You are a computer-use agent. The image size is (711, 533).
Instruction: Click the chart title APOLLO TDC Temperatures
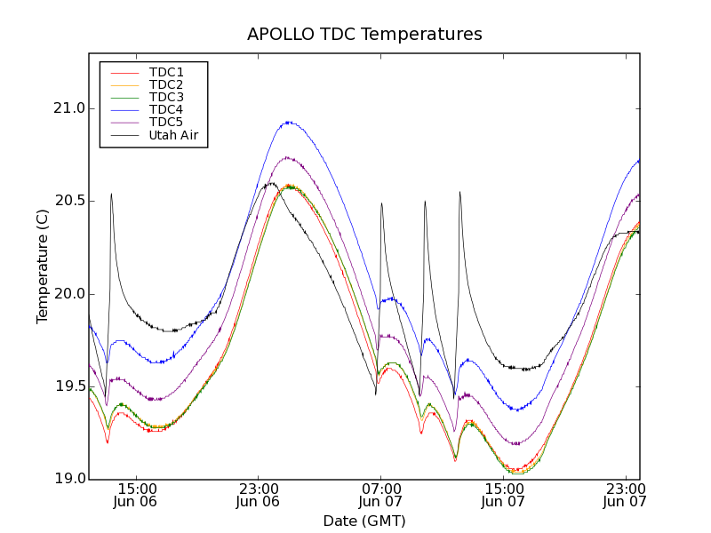[364, 35]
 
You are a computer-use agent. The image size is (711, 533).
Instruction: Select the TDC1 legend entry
[166, 72]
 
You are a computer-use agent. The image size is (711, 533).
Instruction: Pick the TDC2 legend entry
[166, 84]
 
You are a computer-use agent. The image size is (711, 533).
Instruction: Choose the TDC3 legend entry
[166, 97]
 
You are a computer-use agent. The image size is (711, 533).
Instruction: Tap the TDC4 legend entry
[166, 109]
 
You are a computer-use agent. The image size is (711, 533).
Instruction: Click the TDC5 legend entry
[166, 122]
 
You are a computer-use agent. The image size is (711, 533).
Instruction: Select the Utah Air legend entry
[172, 135]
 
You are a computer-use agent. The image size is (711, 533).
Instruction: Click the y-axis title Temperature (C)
[42, 266]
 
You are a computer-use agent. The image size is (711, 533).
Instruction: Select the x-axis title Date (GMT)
[364, 521]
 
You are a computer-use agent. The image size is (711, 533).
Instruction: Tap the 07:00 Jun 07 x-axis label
[380, 495]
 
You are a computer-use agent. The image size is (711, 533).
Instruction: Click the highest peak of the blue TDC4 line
[288, 123]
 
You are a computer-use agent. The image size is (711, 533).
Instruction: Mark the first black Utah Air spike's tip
[111, 194]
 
